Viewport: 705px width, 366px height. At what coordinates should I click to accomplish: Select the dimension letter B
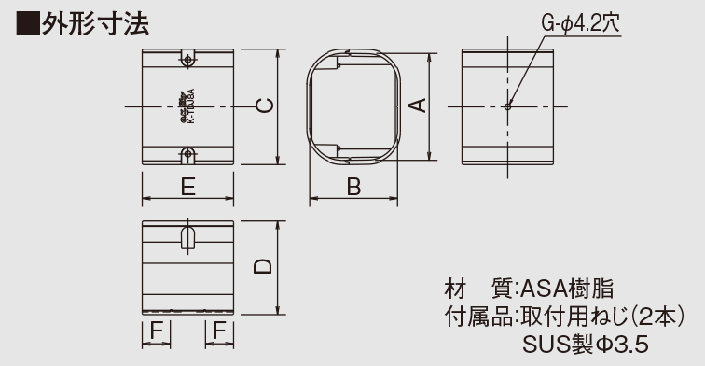click(353, 186)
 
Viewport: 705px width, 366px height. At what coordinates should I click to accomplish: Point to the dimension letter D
click(264, 267)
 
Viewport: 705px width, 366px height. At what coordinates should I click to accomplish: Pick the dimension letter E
click(187, 186)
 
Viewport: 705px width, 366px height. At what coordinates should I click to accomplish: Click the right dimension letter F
click(219, 330)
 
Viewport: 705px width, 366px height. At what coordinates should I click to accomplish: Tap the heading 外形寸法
click(94, 21)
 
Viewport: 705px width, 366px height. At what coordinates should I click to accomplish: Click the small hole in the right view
click(506, 106)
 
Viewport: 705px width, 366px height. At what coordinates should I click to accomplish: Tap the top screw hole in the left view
click(187, 59)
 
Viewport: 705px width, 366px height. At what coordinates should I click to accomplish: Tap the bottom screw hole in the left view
click(187, 153)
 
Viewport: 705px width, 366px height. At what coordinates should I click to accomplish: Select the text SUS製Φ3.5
click(586, 345)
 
